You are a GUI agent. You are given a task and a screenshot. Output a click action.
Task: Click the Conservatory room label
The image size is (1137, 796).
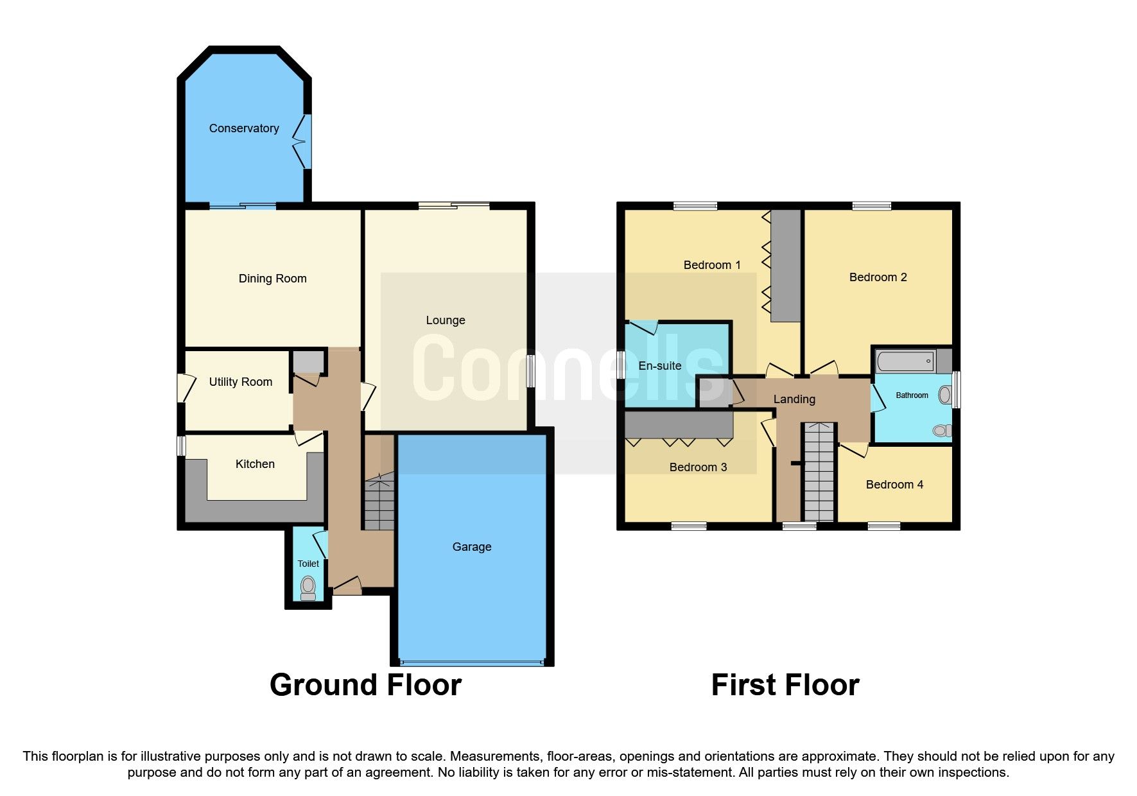click(x=244, y=128)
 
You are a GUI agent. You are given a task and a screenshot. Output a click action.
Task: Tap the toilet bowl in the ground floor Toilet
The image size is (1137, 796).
click(x=308, y=586)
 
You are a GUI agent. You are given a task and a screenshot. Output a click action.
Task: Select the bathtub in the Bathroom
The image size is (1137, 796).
click(x=905, y=361)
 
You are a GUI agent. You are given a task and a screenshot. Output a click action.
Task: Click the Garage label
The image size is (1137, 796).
click(x=472, y=547)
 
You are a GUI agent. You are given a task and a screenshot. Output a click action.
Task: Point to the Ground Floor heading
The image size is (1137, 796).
click(x=365, y=685)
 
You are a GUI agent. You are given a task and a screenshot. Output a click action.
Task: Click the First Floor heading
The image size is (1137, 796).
click(x=785, y=685)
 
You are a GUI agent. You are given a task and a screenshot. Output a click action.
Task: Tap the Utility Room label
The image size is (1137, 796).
click(x=241, y=382)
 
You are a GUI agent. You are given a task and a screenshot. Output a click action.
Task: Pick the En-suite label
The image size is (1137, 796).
click(x=660, y=366)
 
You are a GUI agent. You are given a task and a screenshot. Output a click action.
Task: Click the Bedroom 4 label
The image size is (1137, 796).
click(x=894, y=485)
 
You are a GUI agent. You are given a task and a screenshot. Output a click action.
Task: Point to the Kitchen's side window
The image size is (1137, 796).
click(x=182, y=446)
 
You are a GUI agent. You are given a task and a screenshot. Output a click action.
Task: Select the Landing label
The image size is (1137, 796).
click(x=794, y=399)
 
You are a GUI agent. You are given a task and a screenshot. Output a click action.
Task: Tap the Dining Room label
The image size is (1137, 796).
click(x=273, y=279)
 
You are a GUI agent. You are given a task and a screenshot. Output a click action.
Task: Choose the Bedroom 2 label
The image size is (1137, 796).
click(x=878, y=277)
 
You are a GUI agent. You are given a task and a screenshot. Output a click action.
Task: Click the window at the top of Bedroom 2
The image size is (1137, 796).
click(x=871, y=206)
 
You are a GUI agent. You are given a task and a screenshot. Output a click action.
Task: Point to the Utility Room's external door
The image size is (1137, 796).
click(x=182, y=388)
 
